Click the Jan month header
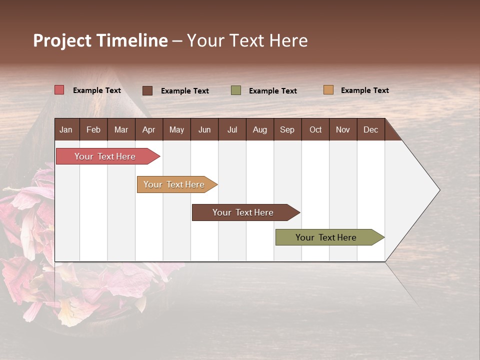(66, 129)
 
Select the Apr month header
(149, 129)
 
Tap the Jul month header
(232, 129)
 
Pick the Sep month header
(287, 129)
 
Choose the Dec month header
(370, 129)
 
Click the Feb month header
(93, 129)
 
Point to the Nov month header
(343, 129)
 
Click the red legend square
(59, 90)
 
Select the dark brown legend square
(147, 90)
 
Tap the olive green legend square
(236, 90)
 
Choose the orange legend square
(328, 90)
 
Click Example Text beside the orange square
(364, 90)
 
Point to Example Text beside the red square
(97, 90)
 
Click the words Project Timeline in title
(100, 40)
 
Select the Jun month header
(204, 129)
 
